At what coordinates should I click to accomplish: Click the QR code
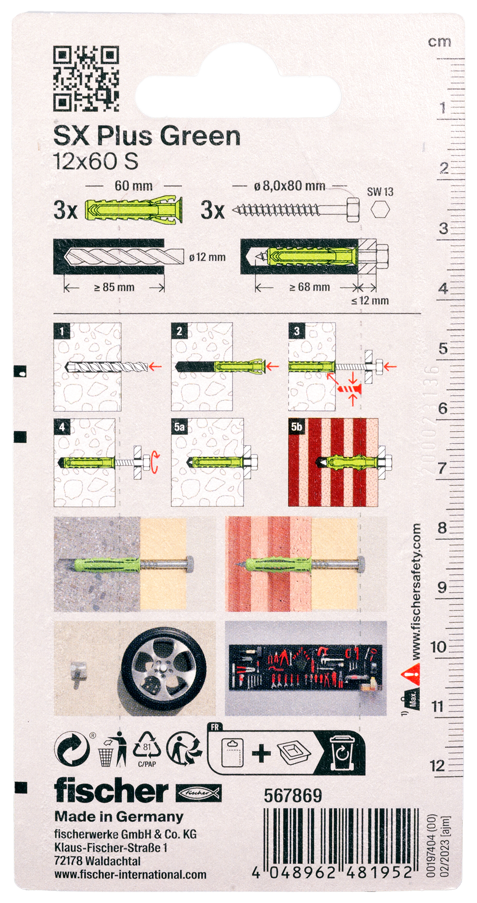86,78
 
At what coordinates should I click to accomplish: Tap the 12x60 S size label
95,161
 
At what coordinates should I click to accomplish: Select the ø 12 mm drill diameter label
207,257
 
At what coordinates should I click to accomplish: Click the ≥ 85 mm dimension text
114,287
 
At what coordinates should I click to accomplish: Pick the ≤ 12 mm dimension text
370,301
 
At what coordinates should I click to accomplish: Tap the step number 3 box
297,331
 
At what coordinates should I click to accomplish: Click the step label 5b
297,426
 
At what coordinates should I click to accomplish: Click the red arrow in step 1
156,366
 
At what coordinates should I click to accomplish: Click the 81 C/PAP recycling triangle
147,748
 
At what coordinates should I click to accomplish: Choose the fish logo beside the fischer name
198,793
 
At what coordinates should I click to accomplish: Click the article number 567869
293,795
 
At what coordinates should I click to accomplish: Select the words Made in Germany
119,817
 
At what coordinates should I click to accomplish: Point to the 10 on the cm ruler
439,647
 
